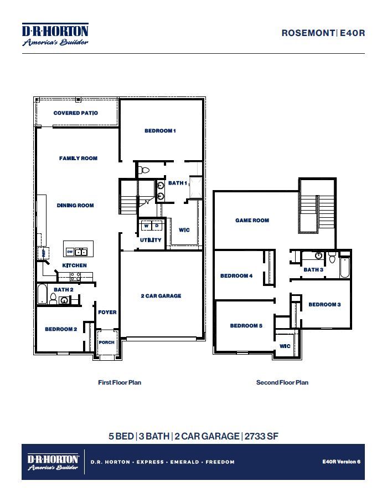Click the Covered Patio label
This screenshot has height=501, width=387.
(76, 113)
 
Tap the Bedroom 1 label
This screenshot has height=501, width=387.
(160, 131)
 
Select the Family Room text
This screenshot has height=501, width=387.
(78, 159)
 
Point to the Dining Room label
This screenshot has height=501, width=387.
(75, 206)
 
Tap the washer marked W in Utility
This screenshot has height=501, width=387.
(147, 226)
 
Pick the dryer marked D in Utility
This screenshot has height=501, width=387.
(157, 226)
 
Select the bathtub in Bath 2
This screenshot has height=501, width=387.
(43, 294)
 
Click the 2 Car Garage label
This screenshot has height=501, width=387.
(161, 296)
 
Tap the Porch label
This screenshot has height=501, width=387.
(106, 342)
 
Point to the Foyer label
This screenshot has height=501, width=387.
(107, 313)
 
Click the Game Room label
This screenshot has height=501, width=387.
(252, 221)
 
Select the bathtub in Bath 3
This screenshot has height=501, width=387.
(344, 268)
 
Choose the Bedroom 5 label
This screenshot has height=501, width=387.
(246, 326)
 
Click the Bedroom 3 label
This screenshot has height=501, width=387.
(324, 305)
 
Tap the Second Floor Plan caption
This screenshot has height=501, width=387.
(282, 382)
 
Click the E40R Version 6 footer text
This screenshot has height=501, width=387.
(341, 462)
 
